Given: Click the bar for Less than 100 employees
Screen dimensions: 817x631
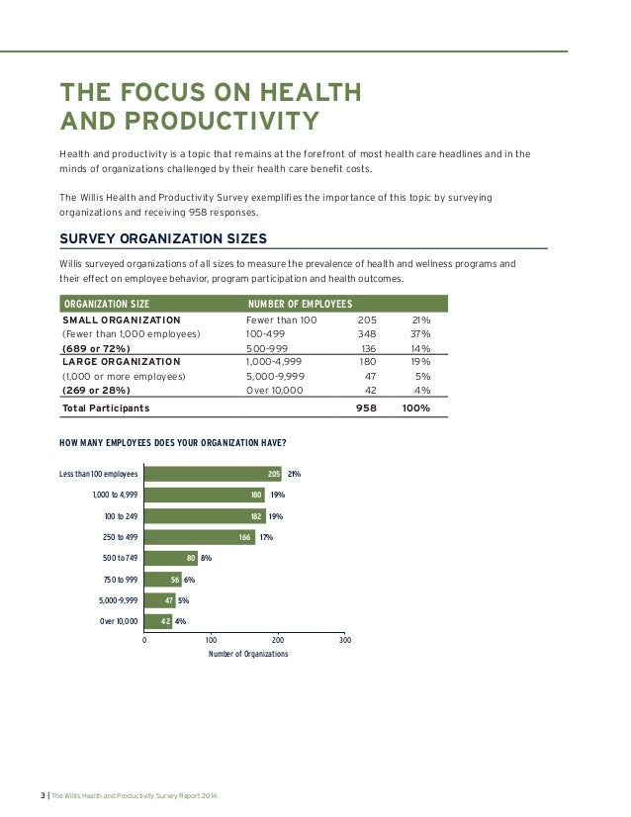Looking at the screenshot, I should click(213, 474).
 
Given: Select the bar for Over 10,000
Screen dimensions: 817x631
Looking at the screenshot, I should click(158, 621).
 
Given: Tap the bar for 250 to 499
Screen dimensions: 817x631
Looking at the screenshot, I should click(200, 537).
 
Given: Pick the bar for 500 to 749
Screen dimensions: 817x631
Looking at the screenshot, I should click(170, 559).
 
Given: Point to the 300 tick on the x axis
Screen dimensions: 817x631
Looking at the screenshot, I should click(344, 640).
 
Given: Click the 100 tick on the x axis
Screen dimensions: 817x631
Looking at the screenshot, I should click(211, 640).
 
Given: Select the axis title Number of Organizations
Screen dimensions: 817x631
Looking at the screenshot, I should click(248, 655).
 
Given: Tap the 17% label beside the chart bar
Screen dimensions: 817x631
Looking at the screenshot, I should click(266, 537).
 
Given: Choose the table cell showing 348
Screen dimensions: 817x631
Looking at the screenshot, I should click(370, 334).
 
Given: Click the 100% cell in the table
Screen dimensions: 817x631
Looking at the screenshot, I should click(415, 408).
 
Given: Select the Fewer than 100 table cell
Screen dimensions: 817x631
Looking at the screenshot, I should click(281, 320).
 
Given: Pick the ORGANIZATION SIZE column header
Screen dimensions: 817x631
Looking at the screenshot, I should click(106, 304).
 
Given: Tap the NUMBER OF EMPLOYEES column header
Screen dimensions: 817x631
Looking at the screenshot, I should click(300, 304).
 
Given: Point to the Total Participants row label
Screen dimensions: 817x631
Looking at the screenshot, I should click(106, 408).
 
